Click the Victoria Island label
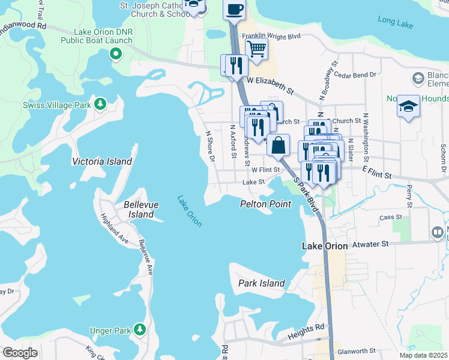point(101,161)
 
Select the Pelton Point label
point(265,204)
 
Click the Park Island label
point(261,283)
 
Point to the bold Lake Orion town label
point(324,246)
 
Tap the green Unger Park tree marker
point(140,329)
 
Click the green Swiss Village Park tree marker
point(100,104)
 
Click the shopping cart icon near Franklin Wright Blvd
point(257,49)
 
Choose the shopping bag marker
point(278,145)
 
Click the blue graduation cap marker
point(409,106)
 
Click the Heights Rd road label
point(306,327)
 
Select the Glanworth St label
point(356,350)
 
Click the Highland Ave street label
point(114,227)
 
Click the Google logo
point(20,353)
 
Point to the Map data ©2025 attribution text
point(423,355)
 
